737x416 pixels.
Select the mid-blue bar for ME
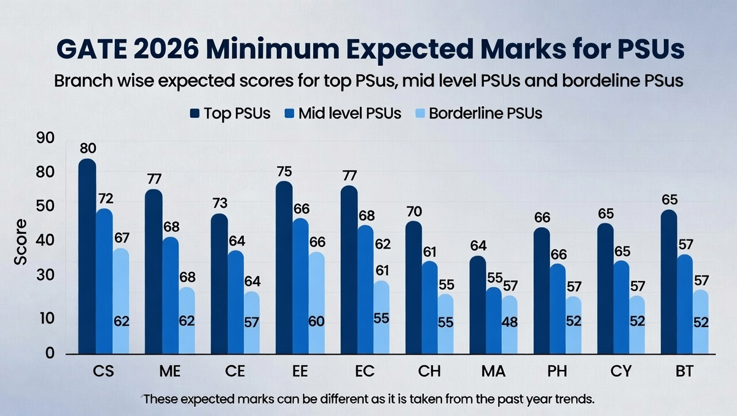(x=170, y=295)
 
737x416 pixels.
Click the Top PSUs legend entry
(x=230, y=114)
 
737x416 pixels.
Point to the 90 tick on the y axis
(x=46, y=139)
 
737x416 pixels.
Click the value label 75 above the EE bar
(x=284, y=171)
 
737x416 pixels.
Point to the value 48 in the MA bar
(x=509, y=322)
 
